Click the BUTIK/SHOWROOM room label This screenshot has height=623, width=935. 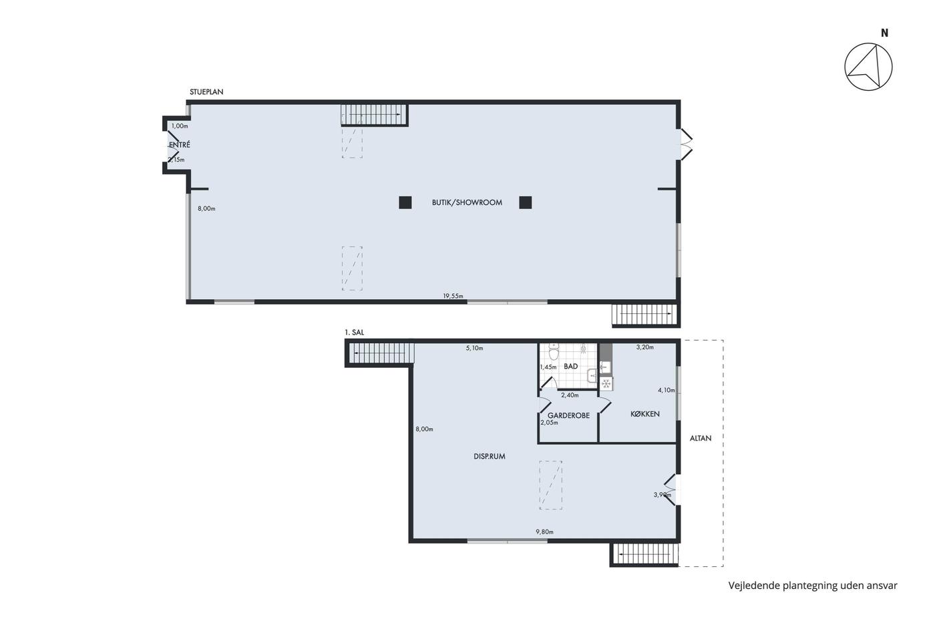467,203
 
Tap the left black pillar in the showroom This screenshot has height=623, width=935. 405,203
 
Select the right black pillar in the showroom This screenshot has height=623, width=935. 525,203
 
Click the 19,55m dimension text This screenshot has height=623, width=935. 453,296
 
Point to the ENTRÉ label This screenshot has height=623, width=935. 180,145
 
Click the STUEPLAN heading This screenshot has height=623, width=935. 206,91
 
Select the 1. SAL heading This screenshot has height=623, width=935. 355,333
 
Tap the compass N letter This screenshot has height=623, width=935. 884,33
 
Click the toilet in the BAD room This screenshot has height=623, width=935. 554,352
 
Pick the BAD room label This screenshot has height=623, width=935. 570,367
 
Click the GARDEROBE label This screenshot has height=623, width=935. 568,415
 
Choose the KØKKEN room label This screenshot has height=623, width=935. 645,414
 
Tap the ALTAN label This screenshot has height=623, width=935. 701,438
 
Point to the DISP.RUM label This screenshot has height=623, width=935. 489,457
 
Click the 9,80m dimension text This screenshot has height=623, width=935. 544,532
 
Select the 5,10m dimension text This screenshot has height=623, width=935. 475,348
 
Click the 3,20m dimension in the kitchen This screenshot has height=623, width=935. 645,347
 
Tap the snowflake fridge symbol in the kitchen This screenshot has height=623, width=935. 606,383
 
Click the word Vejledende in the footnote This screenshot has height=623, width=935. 754,586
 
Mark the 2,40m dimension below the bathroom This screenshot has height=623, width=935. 570,395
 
